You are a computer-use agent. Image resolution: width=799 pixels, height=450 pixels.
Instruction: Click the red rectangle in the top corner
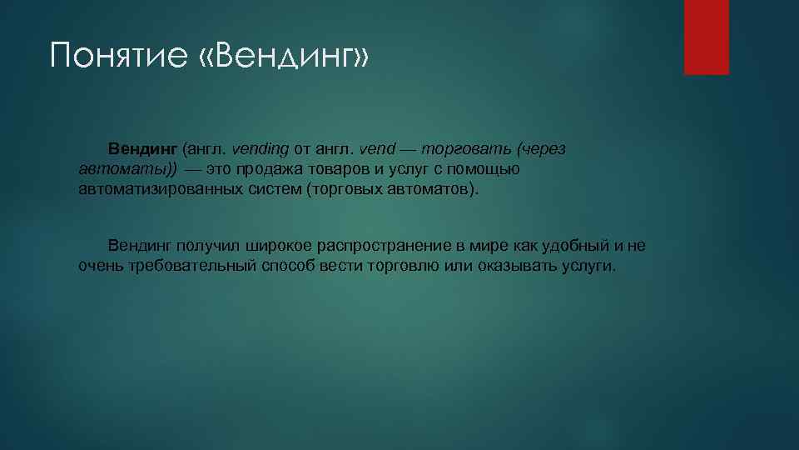tap(706, 37)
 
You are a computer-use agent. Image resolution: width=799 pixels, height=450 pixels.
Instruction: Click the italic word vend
tap(376, 149)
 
